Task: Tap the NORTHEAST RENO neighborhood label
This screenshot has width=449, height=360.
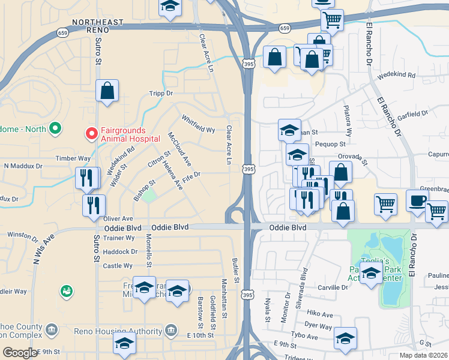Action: [x=98, y=22]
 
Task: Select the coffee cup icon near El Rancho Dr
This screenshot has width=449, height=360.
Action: [x=417, y=200]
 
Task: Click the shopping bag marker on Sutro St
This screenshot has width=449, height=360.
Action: [x=107, y=91]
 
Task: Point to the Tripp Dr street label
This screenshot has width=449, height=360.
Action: [x=161, y=94]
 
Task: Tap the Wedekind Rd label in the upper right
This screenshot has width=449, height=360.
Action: [x=396, y=76]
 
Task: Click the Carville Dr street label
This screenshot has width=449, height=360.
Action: [x=333, y=287]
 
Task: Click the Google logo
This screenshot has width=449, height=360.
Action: [x=20, y=353]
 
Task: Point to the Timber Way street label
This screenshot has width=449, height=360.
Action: [x=73, y=158]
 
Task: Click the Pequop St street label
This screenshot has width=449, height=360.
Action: [x=331, y=144]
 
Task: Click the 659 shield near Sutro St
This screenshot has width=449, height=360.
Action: [x=62, y=32]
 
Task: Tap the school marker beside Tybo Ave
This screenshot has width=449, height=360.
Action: [x=346, y=338]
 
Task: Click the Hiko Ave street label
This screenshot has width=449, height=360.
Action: [x=319, y=314]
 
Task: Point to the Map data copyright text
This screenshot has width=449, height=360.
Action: [x=424, y=355]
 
